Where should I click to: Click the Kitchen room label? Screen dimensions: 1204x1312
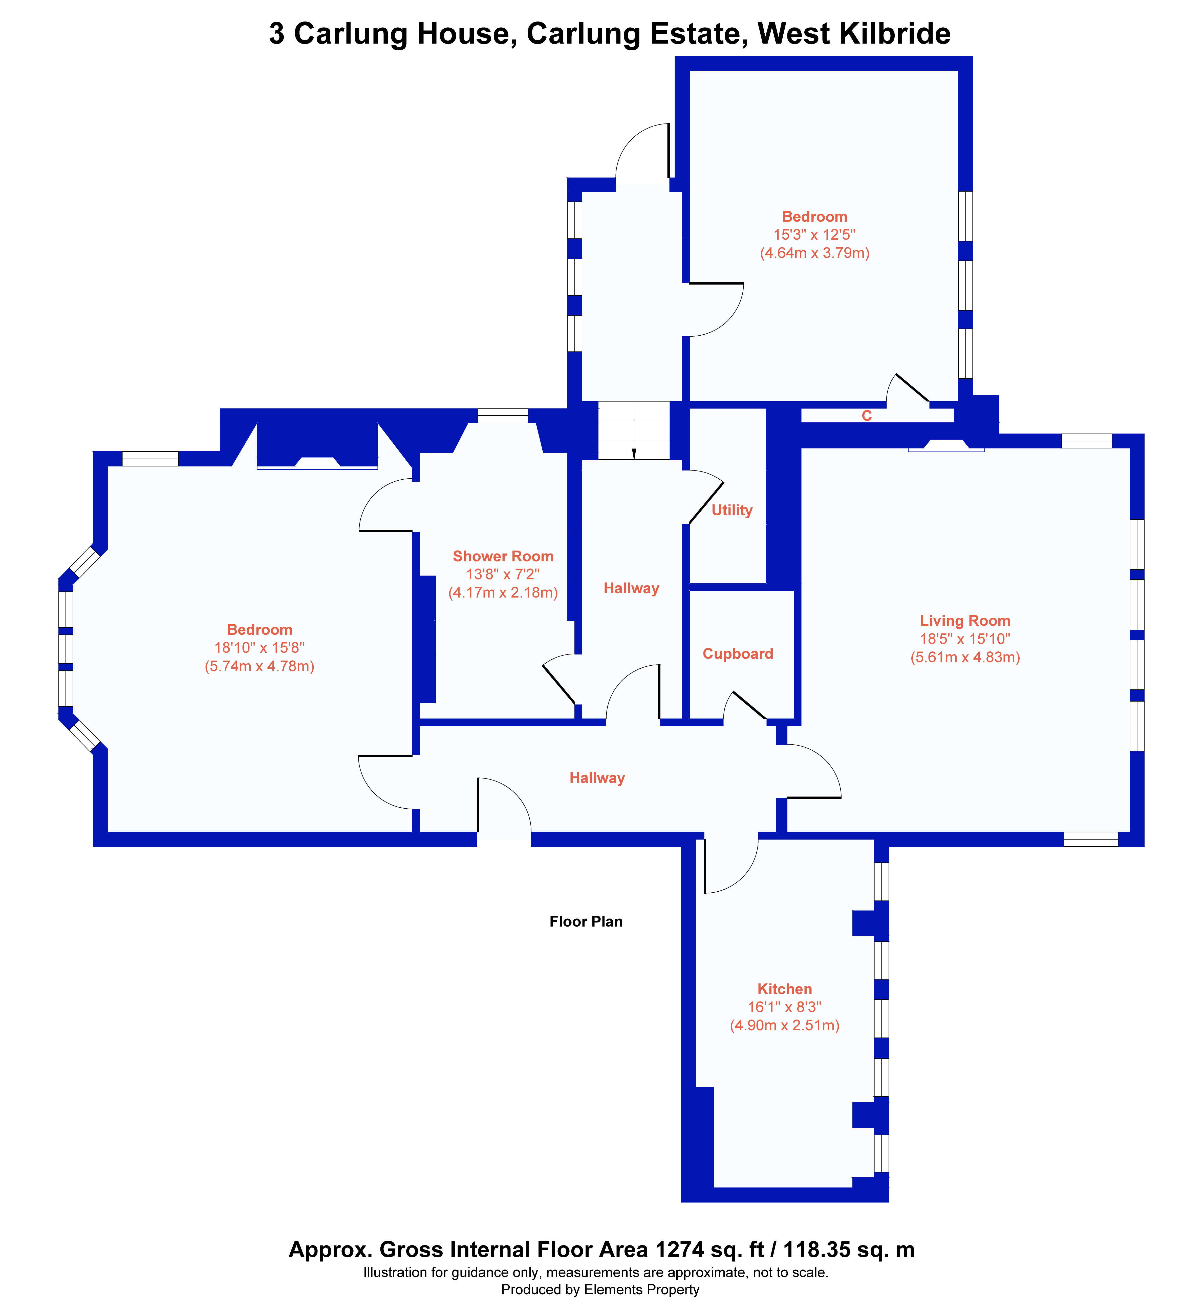tap(784, 989)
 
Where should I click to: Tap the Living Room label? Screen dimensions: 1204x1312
tap(965, 621)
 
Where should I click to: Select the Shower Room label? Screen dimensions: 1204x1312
tap(503, 556)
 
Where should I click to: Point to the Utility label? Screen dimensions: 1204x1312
tap(732, 510)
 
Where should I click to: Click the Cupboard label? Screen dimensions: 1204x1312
tap(738, 654)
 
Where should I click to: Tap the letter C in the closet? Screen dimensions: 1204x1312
tap(867, 416)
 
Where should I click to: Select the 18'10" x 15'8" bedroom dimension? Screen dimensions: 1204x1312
tap(259, 648)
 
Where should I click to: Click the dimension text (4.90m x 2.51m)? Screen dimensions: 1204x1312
tap(784, 1025)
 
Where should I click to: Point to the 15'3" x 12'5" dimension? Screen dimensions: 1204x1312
tap(814, 235)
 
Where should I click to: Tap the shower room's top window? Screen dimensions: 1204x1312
tap(502, 415)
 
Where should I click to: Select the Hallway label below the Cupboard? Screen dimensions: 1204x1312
tap(597, 778)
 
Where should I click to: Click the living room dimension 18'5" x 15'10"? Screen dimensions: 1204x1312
tap(965, 639)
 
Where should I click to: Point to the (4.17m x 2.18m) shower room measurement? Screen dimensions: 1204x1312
tap(503, 592)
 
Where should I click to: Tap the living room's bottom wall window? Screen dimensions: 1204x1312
tap(1091, 839)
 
